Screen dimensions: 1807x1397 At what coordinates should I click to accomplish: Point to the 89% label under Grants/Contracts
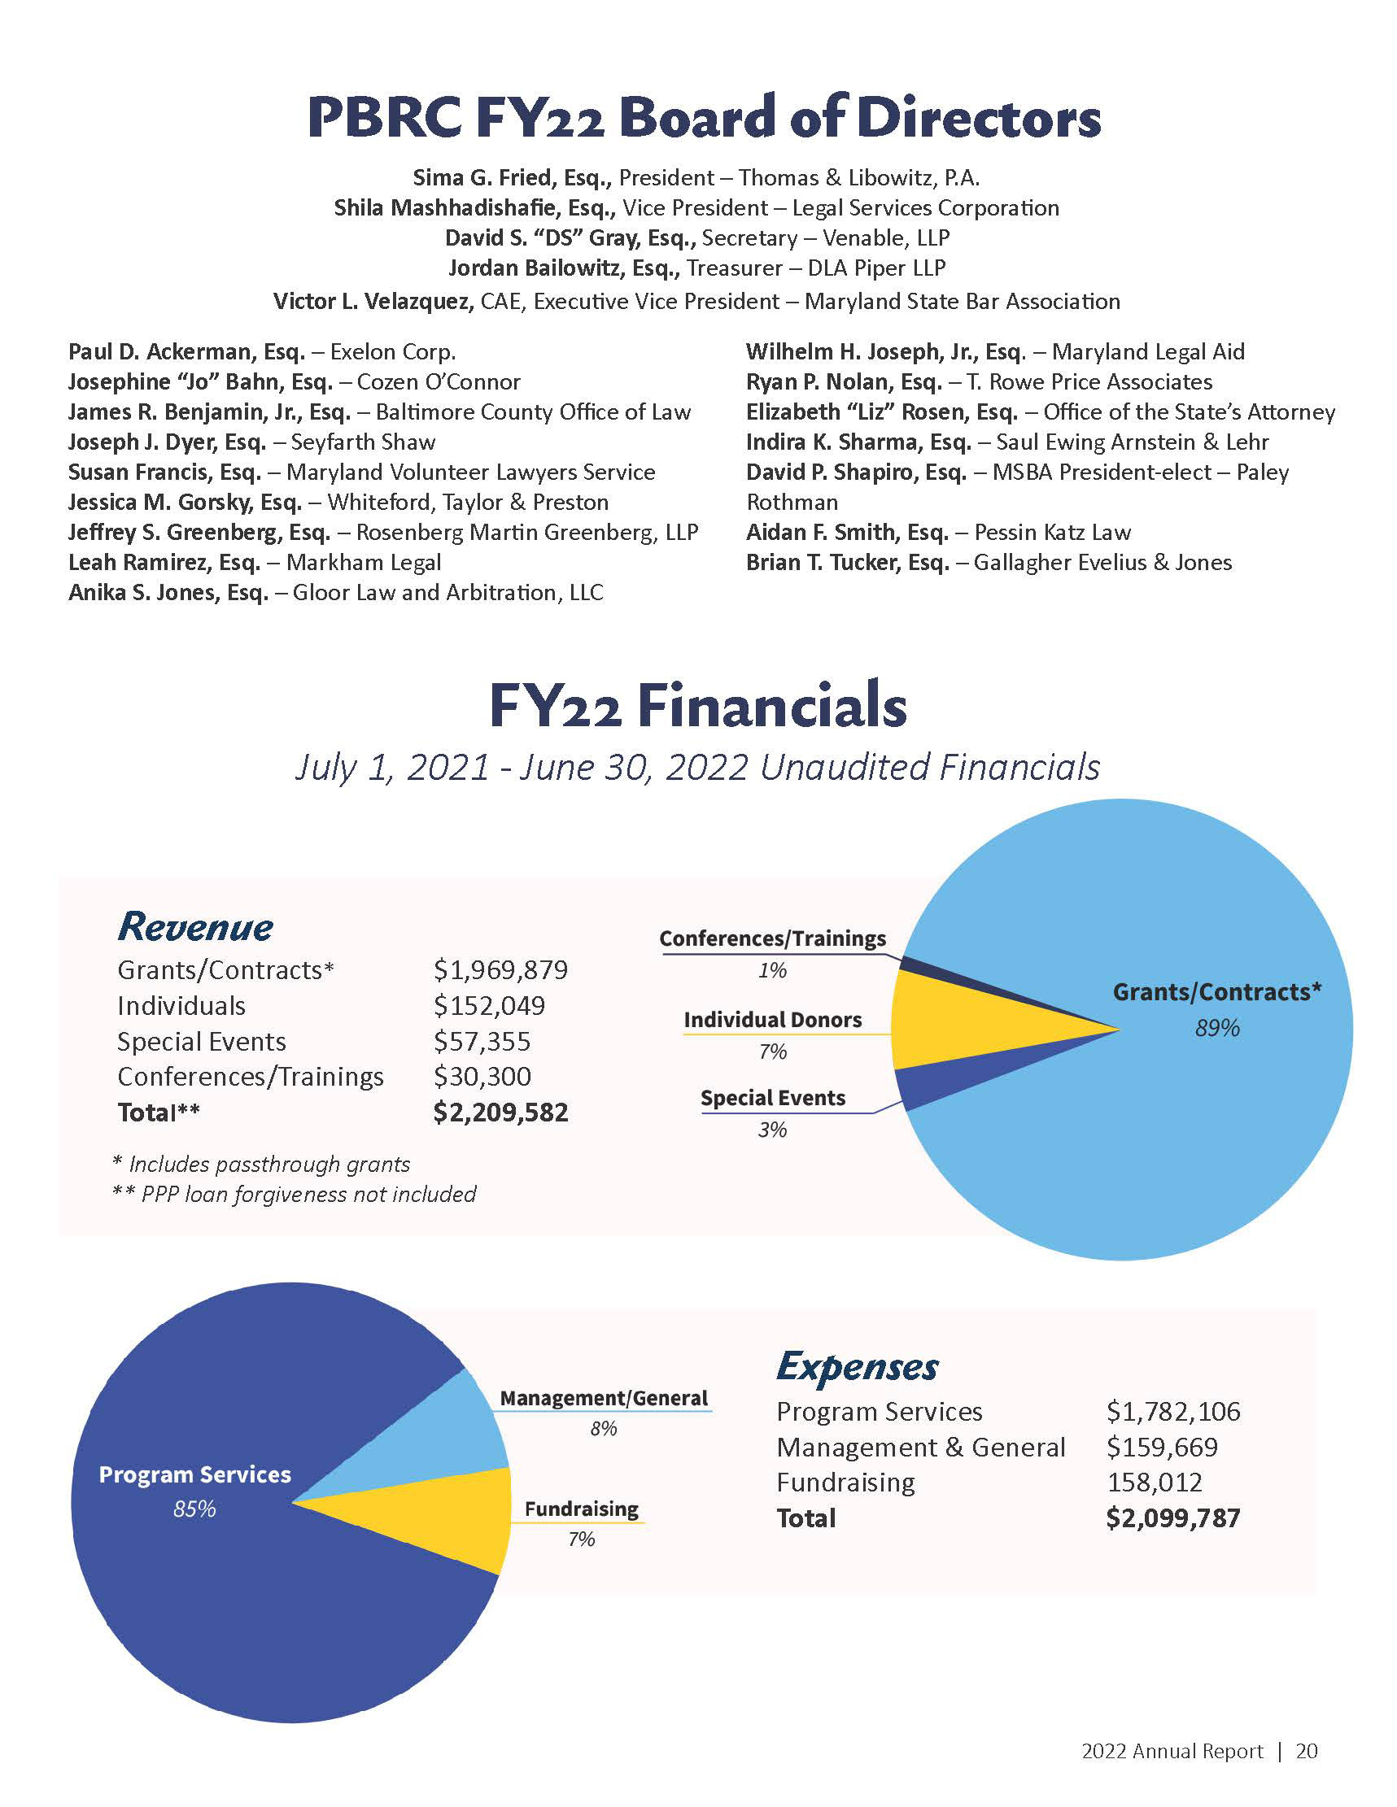click(x=1216, y=1029)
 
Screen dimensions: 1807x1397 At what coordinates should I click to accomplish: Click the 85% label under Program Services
click(x=194, y=1509)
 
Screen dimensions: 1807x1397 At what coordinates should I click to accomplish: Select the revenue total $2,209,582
click(x=500, y=1112)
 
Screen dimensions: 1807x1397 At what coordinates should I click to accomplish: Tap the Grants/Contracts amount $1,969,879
click(x=500, y=969)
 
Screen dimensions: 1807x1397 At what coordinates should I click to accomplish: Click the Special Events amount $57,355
click(x=482, y=1041)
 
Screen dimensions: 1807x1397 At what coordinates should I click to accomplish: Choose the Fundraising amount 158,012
click(x=1155, y=1482)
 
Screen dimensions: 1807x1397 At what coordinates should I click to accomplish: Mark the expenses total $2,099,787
click(x=1172, y=1518)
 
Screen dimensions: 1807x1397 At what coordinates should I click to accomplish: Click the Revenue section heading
click(x=195, y=926)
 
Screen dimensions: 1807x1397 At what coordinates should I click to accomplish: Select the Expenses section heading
click(x=858, y=1367)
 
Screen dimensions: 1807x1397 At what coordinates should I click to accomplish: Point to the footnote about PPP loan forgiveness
click(x=295, y=1194)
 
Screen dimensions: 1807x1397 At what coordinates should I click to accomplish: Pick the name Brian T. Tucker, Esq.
click(x=848, y=563)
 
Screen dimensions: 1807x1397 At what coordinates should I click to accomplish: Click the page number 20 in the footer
click(x=1307, y=1751)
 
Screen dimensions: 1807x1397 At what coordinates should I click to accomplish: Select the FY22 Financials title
click(x=697, y=707)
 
